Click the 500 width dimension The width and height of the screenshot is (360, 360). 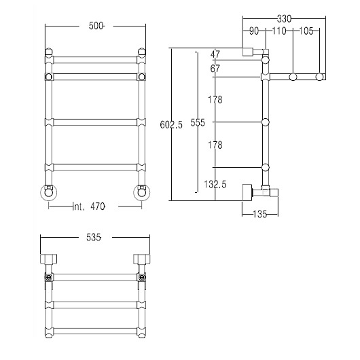96,26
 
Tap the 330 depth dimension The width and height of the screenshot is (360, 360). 284,19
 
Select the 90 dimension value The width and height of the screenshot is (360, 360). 254,31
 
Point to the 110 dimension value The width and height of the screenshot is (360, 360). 279,31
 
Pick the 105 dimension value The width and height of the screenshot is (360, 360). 306,31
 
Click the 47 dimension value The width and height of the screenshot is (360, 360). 215,54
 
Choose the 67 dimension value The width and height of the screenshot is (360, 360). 215,69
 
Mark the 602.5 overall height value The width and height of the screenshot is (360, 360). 171,125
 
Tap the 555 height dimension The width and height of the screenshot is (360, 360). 198,123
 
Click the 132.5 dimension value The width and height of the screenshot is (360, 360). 215,184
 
